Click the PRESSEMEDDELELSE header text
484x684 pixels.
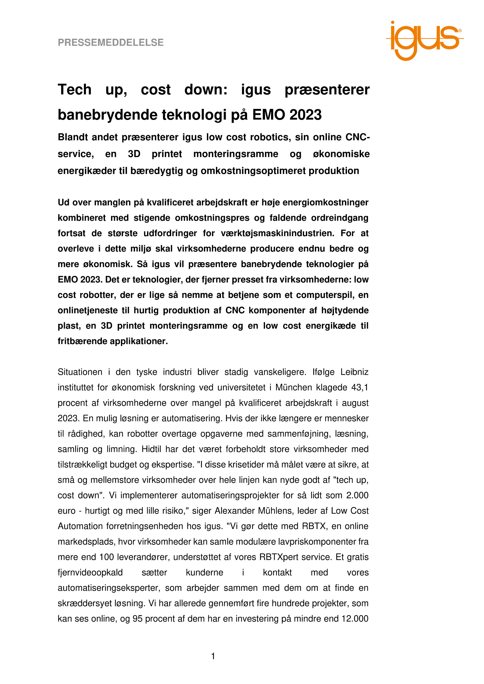(x=111, y=42)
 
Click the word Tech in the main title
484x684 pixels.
(x=75, y=90)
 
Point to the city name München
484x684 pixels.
(x=295, y=387)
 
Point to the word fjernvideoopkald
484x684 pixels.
(x=90, y=572)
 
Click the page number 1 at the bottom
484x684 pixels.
(x=213, y=657)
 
